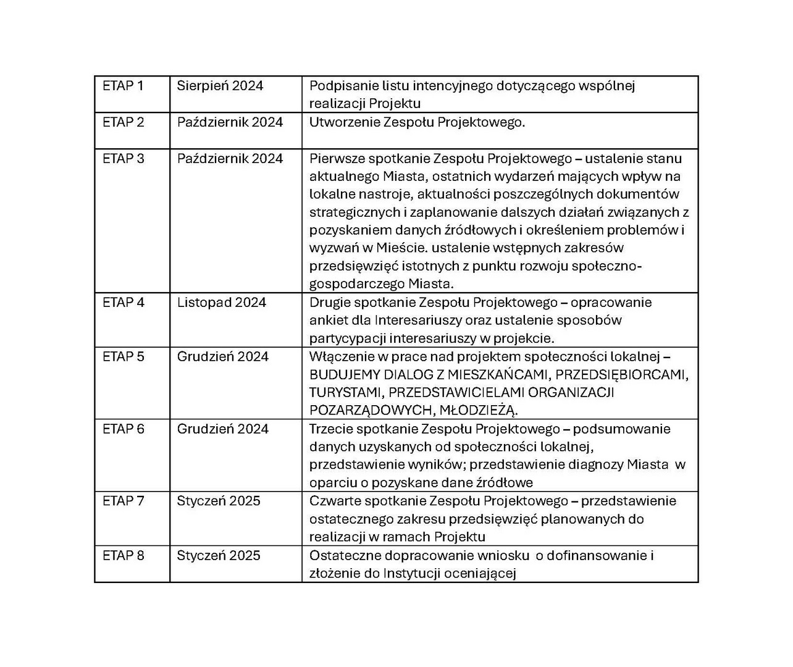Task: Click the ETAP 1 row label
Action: pyautogui.click(x=123, y=86)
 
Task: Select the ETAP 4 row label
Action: pyautogui.click(x=124, y=303)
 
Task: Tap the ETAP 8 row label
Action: pyautogui.click(x=124, y=555)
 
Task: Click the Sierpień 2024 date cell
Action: pyautogui.click(x=220, y=86)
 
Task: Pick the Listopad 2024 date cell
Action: pyautogui.click(x=222, y=303)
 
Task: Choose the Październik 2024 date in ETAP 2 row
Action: pyautogui.click(x=230, y=122)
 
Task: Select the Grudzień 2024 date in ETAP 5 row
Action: pyautogui.click(x=223, y=356)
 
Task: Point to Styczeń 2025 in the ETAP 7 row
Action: pyautogui.click(x=219, y=501)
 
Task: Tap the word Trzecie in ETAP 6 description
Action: pyautogui.click(x=332, y=429)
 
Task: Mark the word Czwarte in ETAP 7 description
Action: pyautogui.click(x=334, y=501)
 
